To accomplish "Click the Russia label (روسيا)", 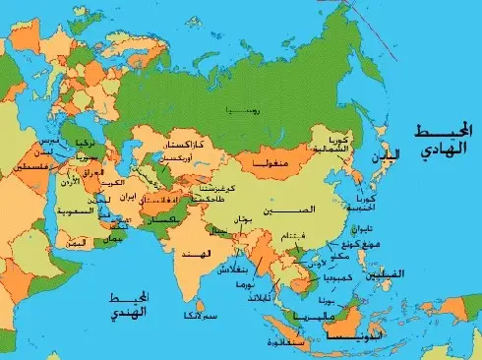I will tap(242, 110).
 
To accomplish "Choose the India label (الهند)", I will tap(193, 254).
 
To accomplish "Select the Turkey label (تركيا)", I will tap(84, 144).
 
